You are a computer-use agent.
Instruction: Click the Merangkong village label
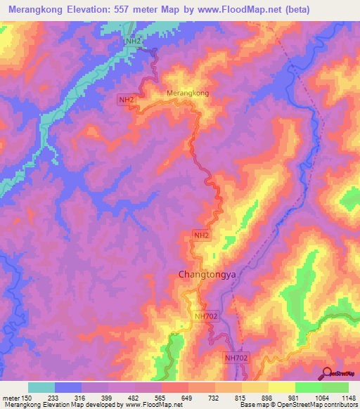[188, 93]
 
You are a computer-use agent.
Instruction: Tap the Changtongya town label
[202, 275]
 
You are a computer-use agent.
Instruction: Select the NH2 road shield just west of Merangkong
[127, 100]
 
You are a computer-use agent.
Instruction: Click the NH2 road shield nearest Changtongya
[200, 235]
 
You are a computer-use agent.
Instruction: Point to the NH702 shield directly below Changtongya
[206, 317]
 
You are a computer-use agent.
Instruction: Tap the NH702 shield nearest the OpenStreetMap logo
[237, 358]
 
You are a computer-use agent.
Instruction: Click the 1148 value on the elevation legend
[348, 397]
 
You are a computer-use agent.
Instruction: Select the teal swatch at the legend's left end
[41, 387]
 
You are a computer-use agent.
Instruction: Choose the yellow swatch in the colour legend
[281, 387]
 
